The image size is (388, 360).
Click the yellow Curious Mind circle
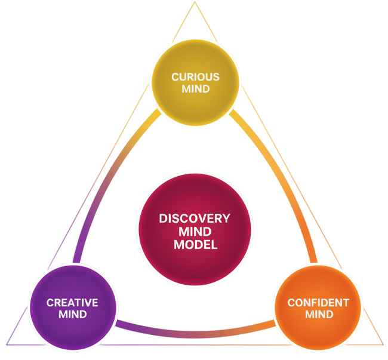tap(195, 82)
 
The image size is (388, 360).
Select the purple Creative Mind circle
tap(72, 308)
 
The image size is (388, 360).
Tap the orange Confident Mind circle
tap(318, 308)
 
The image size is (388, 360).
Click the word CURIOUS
tap(195, 77)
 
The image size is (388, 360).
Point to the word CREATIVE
tap(72, 303)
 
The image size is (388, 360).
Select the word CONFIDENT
tap(318, 303)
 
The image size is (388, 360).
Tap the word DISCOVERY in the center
tap(195, 219)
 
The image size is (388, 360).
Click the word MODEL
tap(195, 245)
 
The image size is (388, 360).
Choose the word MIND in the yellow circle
tap(195, 89)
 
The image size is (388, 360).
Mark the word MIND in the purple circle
tap(72, 314)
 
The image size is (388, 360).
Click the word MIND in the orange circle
tap(318, 314)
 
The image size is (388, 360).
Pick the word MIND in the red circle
tap(195, 232)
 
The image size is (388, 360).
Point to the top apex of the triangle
tap(195, 2)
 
